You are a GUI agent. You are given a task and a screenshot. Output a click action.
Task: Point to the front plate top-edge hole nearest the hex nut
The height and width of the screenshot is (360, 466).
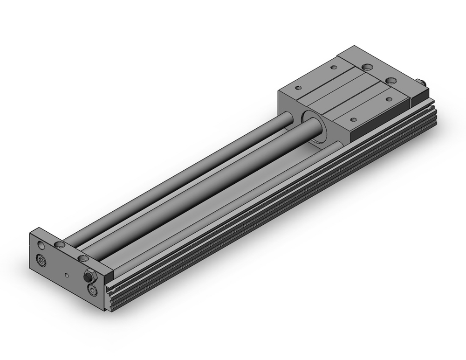point(83,257)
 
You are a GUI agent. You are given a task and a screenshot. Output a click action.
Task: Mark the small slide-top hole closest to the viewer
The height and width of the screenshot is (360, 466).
point(353,120)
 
